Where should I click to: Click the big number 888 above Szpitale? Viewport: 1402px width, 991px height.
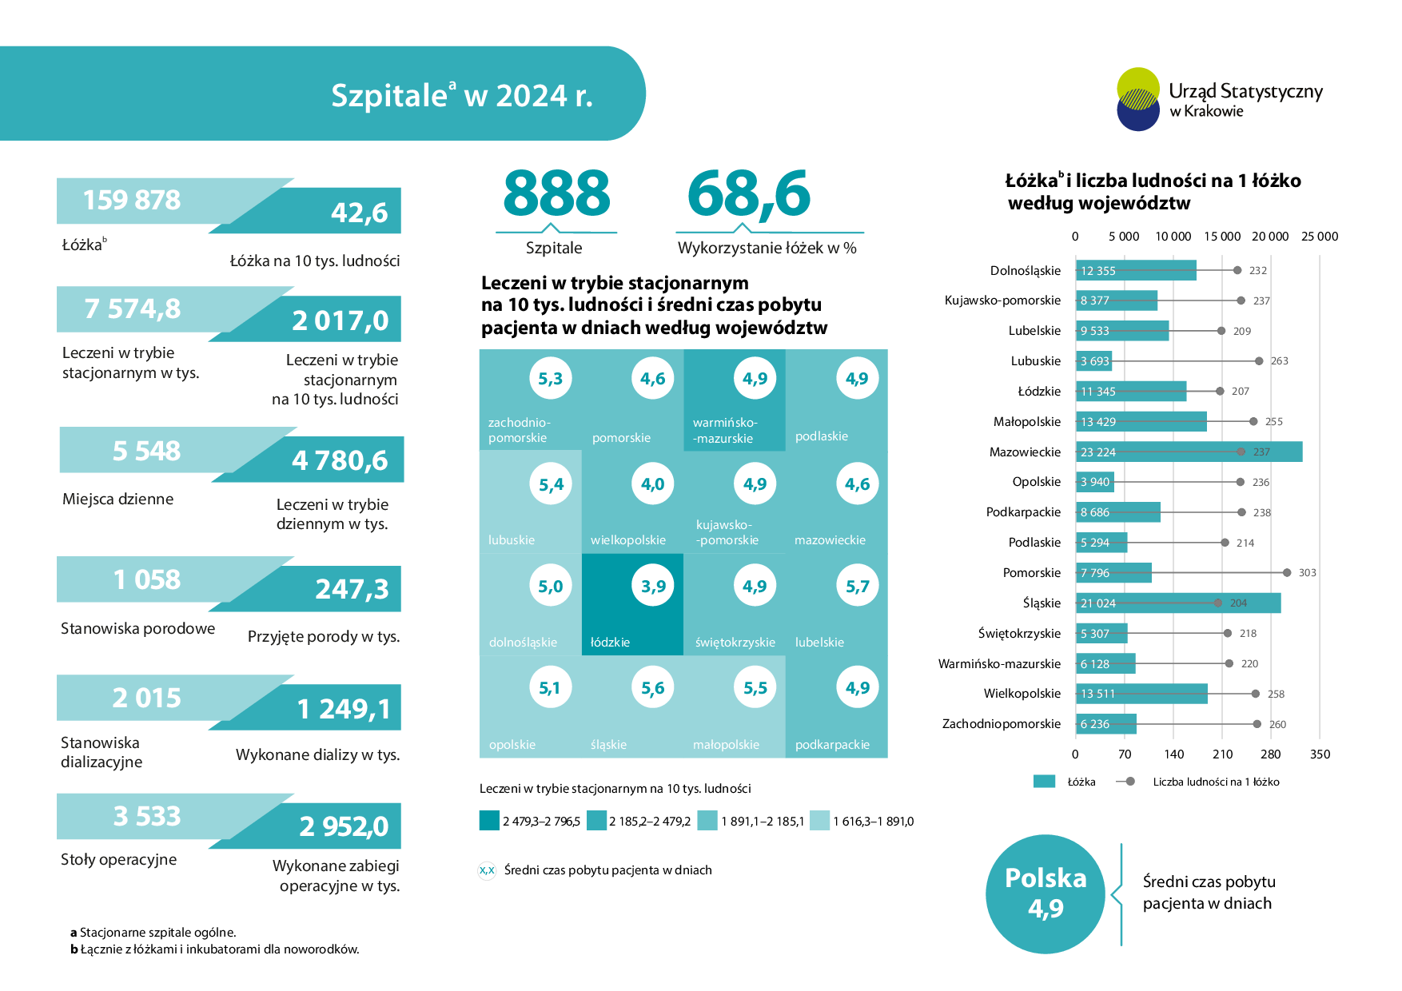556,193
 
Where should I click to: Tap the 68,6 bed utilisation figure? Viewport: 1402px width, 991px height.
748,193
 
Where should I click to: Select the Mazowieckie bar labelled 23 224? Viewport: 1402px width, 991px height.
1189,452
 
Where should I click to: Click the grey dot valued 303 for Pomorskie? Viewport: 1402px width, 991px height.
1286,572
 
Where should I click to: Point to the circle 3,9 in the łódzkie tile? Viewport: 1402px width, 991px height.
653,586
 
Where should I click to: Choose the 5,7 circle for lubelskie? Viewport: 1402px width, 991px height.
857,586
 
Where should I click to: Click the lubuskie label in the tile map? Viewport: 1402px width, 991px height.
512,539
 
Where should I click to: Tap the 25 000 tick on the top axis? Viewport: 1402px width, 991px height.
1319,236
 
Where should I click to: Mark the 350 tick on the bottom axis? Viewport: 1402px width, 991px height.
1320,754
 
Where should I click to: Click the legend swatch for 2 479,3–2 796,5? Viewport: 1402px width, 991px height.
489,820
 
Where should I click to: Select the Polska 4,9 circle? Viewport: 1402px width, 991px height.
1046,893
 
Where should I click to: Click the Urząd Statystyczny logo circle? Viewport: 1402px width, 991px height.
1138,99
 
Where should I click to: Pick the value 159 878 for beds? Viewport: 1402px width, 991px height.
132,200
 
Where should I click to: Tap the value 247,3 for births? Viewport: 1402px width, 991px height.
352,589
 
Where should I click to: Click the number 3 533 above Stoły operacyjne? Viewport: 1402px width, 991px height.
147,816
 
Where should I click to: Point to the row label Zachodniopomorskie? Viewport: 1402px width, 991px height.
1001,723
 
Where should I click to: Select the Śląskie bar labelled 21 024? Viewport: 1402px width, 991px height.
1177,603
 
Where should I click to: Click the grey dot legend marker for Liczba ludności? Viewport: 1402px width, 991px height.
1129,782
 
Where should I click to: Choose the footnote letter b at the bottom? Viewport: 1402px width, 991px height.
74,949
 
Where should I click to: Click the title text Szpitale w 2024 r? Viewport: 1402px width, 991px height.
461,95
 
